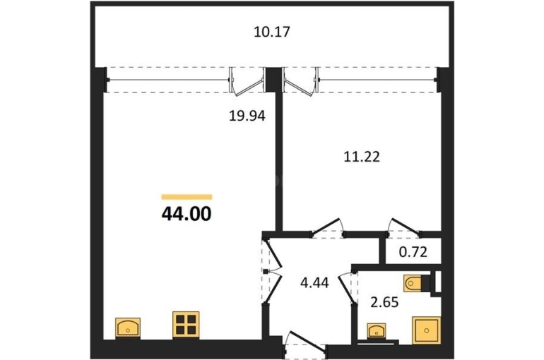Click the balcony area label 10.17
click(272, 32)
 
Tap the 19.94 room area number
click(247, 116)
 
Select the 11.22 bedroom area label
click(362, 157)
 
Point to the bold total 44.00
click(187, 214)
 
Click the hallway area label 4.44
click(314, 283)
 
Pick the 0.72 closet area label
click(413, 252)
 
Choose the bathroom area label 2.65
click(384, 303)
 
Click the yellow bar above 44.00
click(187, 197)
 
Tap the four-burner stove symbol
click(186, 325)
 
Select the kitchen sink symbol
click(128, 327)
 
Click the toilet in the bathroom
click(413, 284)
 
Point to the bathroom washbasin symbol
click(377, 330)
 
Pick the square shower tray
click(427, 330)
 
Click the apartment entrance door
click(305, 344)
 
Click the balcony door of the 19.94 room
click(248, 82)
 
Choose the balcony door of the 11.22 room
click(301, 82)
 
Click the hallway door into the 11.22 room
click(326, 227)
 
